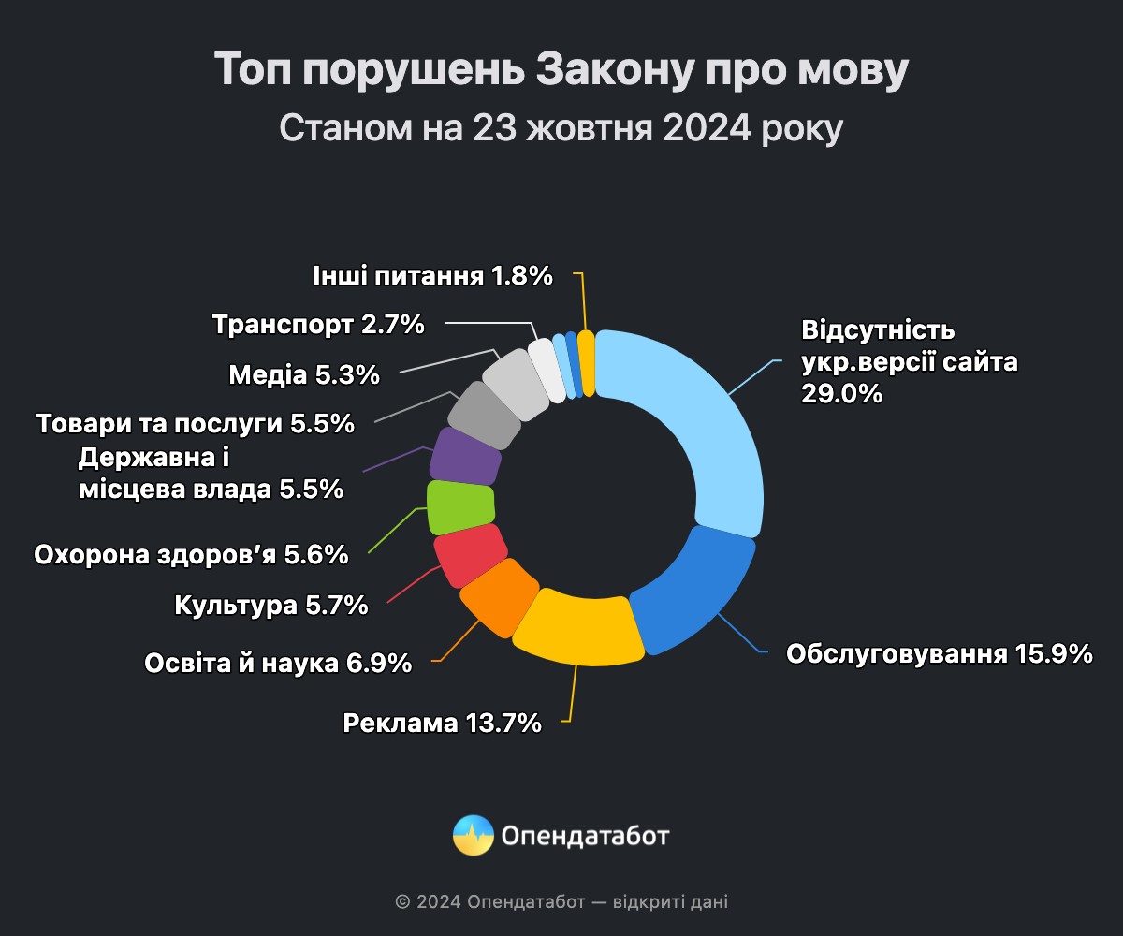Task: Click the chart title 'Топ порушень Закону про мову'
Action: (x=561, y=70)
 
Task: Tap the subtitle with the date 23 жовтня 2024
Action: (x=561, y=128)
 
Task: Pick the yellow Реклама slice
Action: (x=580, y=627)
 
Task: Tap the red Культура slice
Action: (x=470, y=555)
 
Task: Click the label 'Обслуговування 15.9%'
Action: (x=940, y=653)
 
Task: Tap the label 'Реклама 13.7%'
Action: (x=442, y=723)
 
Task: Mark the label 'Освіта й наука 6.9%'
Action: (x=278, y=664)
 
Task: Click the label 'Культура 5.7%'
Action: (x=271, y=606)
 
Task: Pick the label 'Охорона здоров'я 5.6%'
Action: (x=191, y=555)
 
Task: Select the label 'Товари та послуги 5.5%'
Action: (x=196, y=423)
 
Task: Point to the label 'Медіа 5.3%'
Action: (x=304, y=374)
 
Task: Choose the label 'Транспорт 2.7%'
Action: (x=318, y=325)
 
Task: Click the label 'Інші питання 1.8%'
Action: (x=431, y=276)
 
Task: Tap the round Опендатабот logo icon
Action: (x=473, y=835)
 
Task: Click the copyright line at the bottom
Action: (x=561, y=902)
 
